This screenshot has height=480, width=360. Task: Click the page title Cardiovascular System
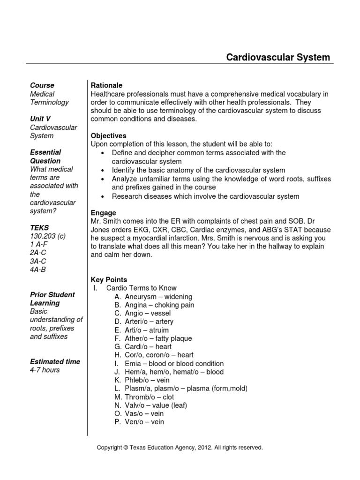[278, 57]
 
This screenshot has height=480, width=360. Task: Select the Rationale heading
[106, 85]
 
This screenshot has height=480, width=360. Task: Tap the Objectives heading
[108, 136]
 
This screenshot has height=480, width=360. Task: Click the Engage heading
[103, 213]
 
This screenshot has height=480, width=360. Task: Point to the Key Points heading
[109, 280]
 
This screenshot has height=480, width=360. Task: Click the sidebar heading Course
[42, 85]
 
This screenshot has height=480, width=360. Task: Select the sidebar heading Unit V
[40, 119]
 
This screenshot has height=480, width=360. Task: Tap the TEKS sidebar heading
[39, 227]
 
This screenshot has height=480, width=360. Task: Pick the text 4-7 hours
[45, 370]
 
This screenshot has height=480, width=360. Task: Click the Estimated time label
[55, 362]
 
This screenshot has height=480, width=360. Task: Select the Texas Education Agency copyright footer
[180, 448]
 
